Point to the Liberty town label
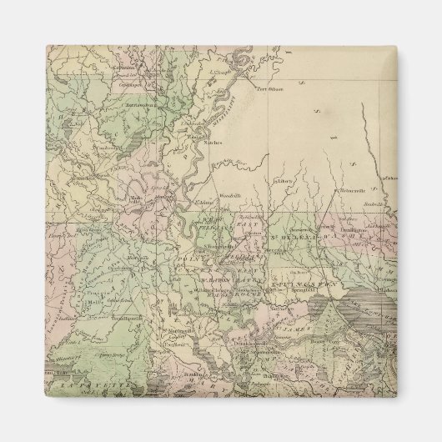pos(280,179)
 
